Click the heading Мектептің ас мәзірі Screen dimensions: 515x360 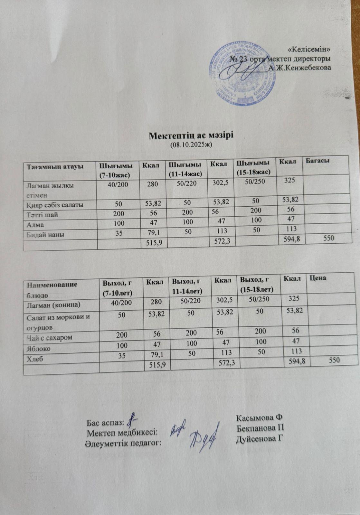191,136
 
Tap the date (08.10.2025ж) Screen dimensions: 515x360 190,145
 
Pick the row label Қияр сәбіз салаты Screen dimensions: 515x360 55,205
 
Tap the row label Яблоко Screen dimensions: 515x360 38,348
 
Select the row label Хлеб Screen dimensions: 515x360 34,358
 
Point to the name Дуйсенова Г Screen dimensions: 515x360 260,439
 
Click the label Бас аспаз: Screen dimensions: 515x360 105,422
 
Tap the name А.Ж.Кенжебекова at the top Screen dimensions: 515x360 299,68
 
